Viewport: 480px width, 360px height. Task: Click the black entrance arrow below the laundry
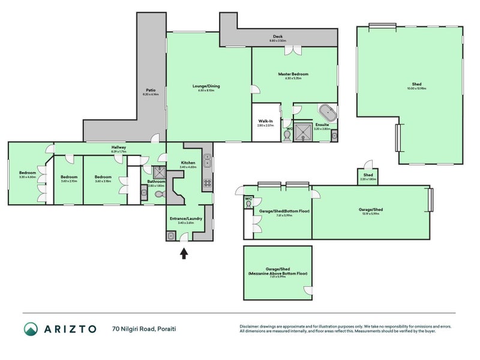(184, 254)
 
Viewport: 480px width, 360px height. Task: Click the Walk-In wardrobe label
(265, 121)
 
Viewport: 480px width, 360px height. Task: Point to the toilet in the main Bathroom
(159, 193)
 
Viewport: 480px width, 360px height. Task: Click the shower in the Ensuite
(305, 131)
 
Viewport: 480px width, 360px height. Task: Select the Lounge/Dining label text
(206, 86)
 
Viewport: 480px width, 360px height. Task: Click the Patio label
(150, 91)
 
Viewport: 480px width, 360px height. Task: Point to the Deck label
(277, 37)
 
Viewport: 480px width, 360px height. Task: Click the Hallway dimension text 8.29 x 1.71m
(118, 152)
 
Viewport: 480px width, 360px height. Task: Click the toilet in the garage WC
(248, 204)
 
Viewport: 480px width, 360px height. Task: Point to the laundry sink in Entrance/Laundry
(171, 236)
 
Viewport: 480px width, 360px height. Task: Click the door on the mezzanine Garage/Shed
(308, 291)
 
